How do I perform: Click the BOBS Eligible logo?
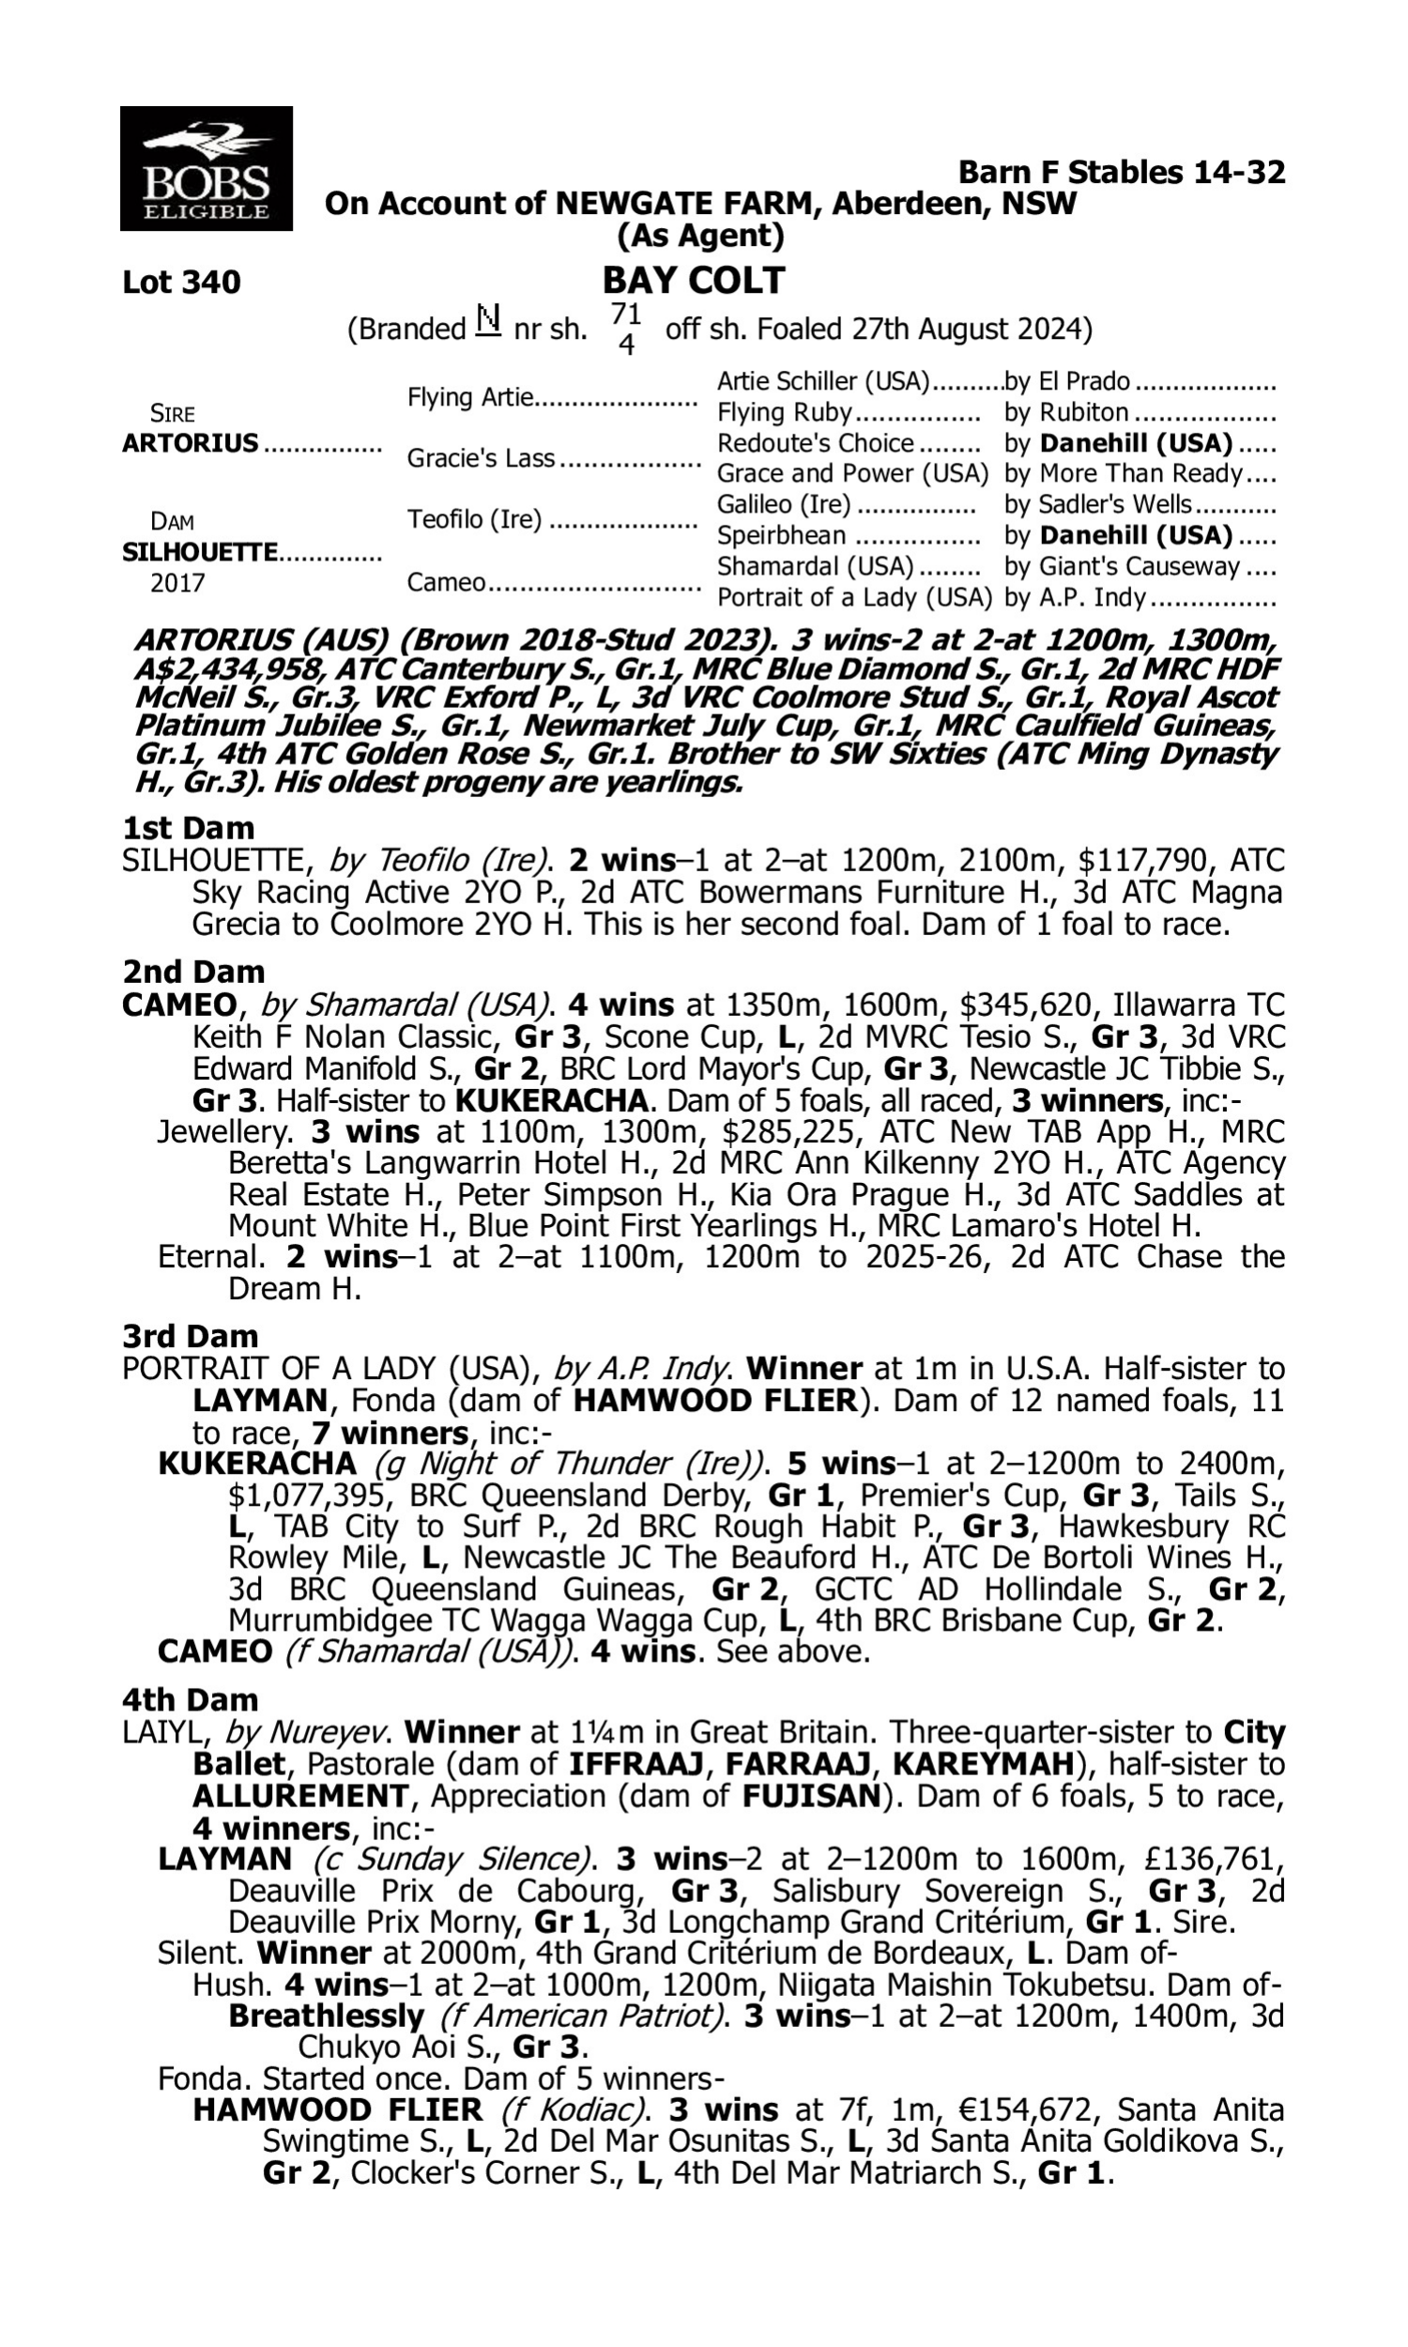[206, 169]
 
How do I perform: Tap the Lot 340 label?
[181, 282]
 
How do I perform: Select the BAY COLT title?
[694, 281]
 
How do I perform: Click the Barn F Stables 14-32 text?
[1122, 172]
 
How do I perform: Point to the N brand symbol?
[488, 322]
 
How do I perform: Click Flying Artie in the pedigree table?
[470, 396]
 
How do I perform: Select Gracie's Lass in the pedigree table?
[480, 458]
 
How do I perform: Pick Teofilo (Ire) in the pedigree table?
[473, 520]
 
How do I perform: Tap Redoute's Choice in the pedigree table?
[815, 443]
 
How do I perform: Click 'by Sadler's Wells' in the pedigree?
[1097, 505]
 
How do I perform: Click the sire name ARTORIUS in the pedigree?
[190, 443]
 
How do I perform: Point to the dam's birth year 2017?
[177, 582]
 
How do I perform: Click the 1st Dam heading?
[189, 828]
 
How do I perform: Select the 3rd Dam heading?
[191, 1336]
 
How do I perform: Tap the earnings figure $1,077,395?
[310, 1496]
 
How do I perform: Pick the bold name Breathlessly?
[326, 2016]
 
